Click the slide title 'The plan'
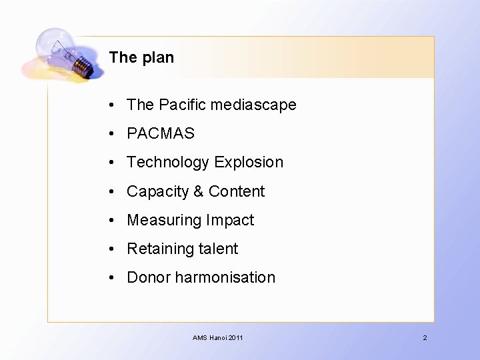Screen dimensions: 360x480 click(x=141, y=57)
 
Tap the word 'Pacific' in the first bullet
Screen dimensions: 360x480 click(x=183, y=105)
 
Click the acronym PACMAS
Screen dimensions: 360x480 click(x=161, y=133)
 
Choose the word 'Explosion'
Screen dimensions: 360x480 click(x=249, y=163)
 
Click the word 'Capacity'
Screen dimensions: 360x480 click(x=157, y=192)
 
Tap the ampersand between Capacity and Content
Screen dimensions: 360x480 click(x=198, y=192)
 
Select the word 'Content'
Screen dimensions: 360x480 click(x=236, y=192)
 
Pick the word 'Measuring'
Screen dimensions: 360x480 click(x=164, y=221)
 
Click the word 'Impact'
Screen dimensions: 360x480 click(x=230, y=221)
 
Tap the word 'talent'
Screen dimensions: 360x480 click(x=217, y=249)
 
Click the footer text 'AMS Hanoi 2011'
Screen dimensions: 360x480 click(x=218, y=338)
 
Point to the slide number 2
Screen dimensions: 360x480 click(x=425, y=338)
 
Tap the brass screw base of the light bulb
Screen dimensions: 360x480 click(x=83, y=65)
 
